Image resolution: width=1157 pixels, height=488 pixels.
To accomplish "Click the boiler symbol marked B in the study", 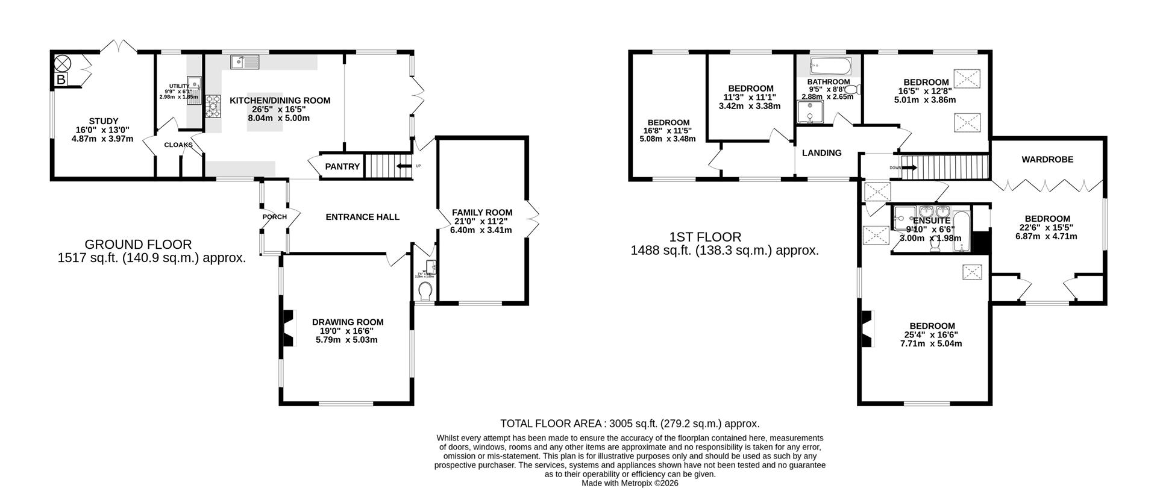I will pyautogui.click(x=61, y=80).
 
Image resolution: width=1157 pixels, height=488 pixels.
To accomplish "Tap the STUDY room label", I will pyautogui.click(x=103, y=121).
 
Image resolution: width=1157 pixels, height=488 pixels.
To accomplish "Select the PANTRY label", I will pyautogui.click(x=342, y=166).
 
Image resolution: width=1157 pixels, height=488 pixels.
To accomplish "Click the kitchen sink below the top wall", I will pyautogui.click(x=244, y=61).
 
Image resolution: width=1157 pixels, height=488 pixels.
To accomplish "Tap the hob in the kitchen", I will pyautogui.click(x=213, y=106).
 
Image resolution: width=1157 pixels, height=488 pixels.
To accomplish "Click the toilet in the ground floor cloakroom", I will pyautogui.click(x=425, y=292).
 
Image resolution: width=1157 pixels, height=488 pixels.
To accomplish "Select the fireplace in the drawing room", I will pyautogui.click(x=289, y=328).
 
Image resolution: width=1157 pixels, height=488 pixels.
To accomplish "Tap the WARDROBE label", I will pyautogui.click(x=1047, y=160).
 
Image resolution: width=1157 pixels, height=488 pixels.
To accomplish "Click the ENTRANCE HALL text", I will pyautogui.click(x=362, y=217).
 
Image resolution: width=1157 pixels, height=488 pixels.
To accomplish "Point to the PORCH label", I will pyautogui.click(x=274, y=217).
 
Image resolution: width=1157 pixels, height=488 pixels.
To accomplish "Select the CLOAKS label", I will pyautogui.click(x=178, y=145).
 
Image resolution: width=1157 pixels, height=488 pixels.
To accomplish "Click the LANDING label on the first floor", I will pyautogui.click(x=821, y=153).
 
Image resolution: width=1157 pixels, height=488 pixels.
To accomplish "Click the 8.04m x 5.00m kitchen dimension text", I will pyautogui.click(x=280, y=118).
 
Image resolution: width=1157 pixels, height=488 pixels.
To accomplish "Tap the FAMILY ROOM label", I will pyautogui.click(x=482, y=212).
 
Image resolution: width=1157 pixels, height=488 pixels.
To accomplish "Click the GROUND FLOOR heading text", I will pyautogui.click(x=138, y=245).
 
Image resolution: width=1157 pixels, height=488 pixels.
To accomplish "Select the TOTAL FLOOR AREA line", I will pyautogui.click(x=630, y=424).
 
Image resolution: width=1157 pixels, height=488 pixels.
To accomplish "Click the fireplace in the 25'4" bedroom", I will pyautogui.click(x=867, y=329).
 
